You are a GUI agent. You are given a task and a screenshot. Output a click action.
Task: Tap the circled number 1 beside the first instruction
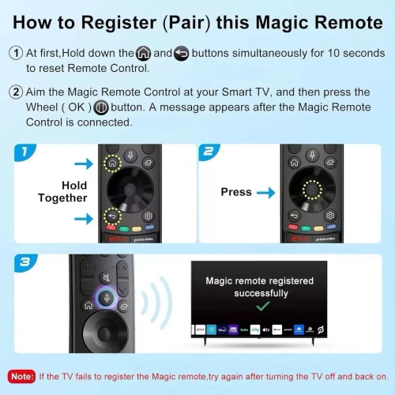[x=15, y=54]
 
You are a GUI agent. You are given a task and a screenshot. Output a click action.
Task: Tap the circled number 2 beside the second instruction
[x=15, y=92]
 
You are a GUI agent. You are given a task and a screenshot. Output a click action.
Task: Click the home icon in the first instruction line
[x=143, y=54]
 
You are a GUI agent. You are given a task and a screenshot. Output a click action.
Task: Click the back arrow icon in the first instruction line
[x=181, y=54]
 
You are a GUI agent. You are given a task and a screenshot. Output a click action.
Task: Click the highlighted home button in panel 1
[x=111, y=164]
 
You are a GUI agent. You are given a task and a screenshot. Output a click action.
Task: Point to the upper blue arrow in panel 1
[x=81, y=164]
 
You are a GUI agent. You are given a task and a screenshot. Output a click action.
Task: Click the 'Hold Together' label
[x=62, y=192]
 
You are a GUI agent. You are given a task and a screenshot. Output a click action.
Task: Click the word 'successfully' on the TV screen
[x=259, y=292]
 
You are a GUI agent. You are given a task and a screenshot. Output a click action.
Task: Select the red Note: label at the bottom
[x=21, y=375]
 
